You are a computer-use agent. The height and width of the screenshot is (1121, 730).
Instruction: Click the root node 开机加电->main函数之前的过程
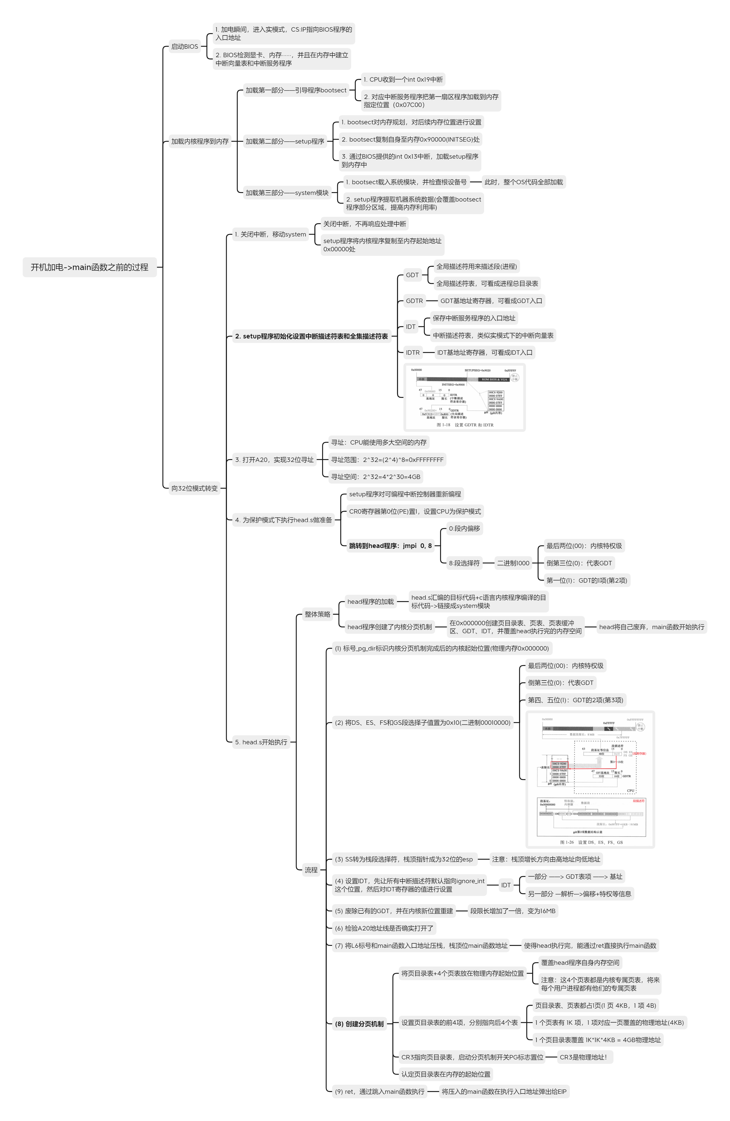coord(90,267)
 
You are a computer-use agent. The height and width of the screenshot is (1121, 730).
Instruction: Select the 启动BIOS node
coord(184,46)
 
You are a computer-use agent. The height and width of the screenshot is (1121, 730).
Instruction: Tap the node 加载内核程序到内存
coord(200,141)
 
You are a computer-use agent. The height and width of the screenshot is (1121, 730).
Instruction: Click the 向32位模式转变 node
coord(195,488)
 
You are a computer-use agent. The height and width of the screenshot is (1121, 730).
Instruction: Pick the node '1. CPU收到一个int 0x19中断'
coord(403,80)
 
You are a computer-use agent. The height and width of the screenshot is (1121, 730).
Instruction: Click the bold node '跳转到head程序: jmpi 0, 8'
coord(390,546)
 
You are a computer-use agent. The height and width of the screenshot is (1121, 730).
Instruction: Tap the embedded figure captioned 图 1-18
coord(464,397)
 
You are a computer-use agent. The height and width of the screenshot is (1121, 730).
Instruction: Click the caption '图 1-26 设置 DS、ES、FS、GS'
coord(591,842)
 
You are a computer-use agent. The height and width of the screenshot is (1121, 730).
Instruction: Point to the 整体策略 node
coord(318,614)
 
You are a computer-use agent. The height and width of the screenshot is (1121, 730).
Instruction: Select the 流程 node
coord(311,870)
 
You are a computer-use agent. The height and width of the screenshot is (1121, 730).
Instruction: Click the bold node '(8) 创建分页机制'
coord(359,1024)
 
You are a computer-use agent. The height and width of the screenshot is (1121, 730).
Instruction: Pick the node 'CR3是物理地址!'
coord(583,1057)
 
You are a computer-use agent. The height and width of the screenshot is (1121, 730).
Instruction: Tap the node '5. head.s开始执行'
coord(261,742)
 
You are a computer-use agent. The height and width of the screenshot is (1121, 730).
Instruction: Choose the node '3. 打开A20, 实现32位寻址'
coord(274,460)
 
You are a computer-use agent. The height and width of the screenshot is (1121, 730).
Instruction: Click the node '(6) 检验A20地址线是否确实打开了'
coord(384,928)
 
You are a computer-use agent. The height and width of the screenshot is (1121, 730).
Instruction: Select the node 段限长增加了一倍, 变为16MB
coord(513,911)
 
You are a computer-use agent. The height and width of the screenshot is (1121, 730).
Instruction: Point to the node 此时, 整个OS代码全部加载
coord(524,182)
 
